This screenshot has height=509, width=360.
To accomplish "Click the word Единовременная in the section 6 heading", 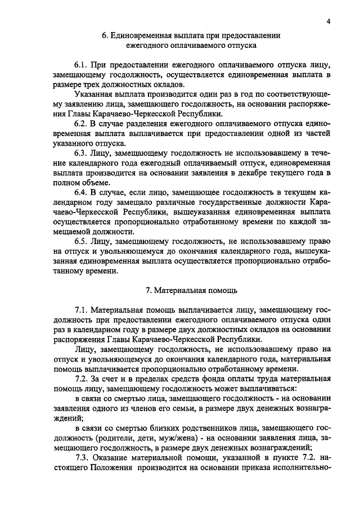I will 137,35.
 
